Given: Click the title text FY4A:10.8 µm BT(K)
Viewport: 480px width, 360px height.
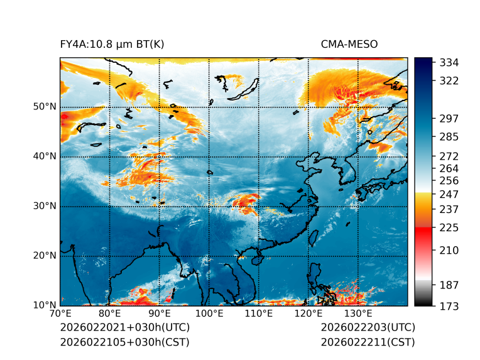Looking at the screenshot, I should point(112,44).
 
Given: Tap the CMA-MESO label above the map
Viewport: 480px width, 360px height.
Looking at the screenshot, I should point(349,44).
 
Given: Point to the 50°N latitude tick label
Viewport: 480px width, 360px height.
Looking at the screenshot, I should point(45,107).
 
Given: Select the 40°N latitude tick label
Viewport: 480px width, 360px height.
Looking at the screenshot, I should point(45,156).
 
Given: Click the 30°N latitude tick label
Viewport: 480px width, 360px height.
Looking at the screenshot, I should point(45,206).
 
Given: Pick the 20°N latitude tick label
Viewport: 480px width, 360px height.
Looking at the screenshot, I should point(45,256).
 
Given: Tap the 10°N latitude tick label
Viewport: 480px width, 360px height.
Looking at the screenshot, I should point(45,305).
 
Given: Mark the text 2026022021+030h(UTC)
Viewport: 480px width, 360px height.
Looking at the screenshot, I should point(124,327).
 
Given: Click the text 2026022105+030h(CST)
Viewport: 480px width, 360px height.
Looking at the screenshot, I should point(124,342).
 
